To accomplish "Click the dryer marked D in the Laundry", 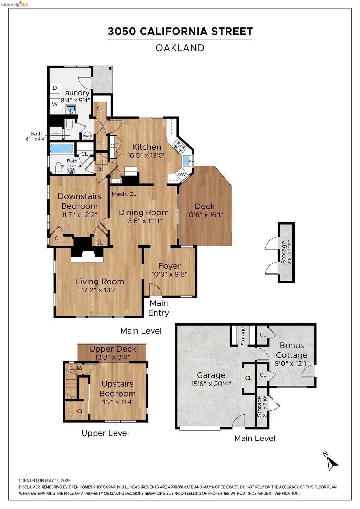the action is [x=55, y=88].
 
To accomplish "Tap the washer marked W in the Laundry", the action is [x=55, y=104].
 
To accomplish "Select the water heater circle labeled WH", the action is [x=87, y=136].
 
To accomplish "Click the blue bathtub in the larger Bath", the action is [x=62, y=149].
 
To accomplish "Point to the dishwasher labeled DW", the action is [x=181, y=175].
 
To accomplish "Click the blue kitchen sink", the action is [x=187, y=161].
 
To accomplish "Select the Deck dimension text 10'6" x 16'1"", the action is [x=205, y=215].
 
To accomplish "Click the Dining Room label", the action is [x=144, y=212].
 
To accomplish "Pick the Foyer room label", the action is [x=169, y=266].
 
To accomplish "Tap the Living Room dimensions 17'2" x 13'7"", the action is [x=100, y=290].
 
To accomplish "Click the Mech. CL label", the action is [x=124, y=194].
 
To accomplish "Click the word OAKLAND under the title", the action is [x=180, y=48].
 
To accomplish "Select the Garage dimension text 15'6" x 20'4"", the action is [x=211, y=384].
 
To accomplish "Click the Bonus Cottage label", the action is [x=291, y=350].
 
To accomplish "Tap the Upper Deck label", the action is [x=112, y=349].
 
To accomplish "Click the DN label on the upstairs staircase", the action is [x=79, y=367].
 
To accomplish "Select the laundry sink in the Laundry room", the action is [x=71, y=109].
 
